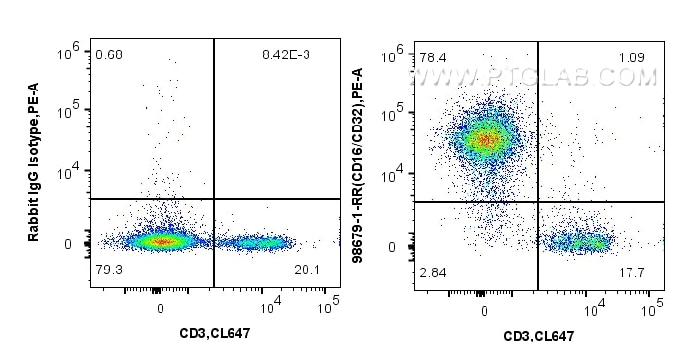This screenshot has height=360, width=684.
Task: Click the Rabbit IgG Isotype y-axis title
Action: [x=34, y=164]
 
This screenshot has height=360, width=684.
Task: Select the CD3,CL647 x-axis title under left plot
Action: [x=216, y=334]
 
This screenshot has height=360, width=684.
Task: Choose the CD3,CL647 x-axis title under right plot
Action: [x=537, y=335]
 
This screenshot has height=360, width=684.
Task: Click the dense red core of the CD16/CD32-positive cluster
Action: [x=484, y=139]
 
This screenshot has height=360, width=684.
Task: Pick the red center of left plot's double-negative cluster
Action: [x=161, y=241]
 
